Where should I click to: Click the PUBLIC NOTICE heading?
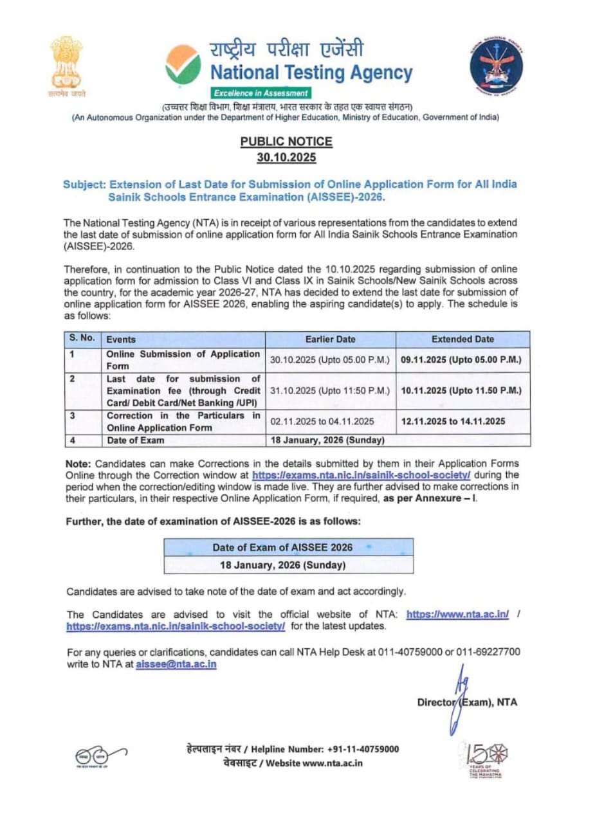coord(287,141)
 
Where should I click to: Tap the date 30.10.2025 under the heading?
coord(287,158)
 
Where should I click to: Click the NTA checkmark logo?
coord(183,66)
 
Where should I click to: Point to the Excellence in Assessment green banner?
coord(262,93)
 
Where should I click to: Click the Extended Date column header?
coord(462,339)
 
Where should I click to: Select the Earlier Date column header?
coord(331,339)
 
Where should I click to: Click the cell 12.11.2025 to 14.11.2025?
coord(453,422)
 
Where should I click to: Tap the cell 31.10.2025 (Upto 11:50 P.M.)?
coord(331,390)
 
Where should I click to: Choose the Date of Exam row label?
coord(135,440)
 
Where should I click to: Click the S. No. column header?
coord(82,339)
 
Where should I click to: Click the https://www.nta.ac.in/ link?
coord(458,614)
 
